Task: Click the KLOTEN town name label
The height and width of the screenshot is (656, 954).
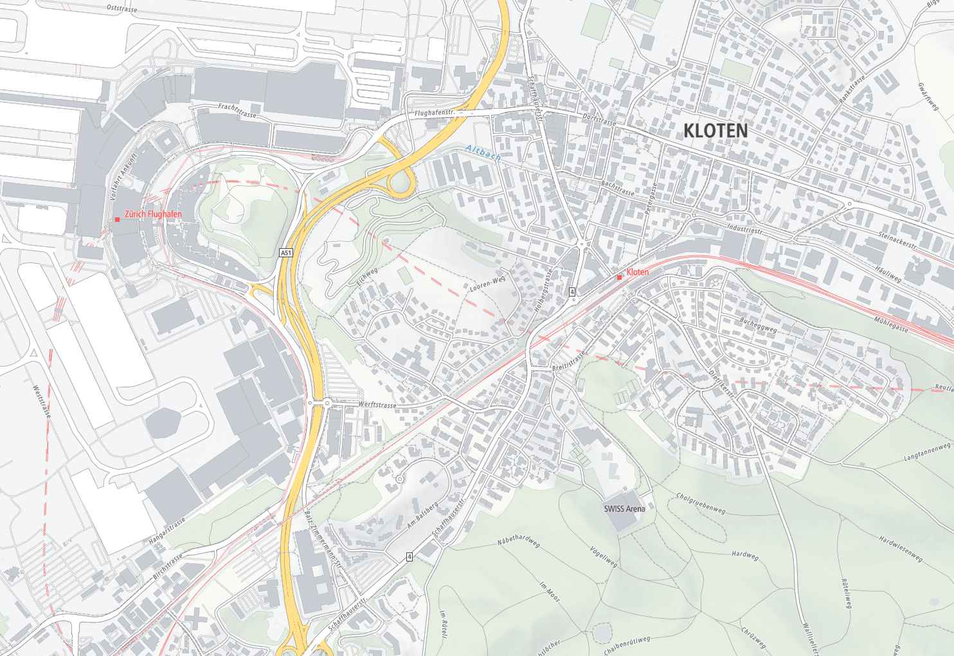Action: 715,131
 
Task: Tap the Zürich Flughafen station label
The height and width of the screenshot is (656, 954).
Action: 153,214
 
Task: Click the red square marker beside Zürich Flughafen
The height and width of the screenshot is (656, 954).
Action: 117,219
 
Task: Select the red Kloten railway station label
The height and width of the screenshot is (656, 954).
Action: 637,272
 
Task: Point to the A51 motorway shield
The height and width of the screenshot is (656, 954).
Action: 286,253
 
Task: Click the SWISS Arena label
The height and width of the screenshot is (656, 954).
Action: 624,509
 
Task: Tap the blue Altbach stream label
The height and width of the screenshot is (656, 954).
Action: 483,153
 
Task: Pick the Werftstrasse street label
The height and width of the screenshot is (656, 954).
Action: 377,405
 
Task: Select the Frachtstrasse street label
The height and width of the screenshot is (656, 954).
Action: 237,111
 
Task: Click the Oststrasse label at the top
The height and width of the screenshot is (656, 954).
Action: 122,8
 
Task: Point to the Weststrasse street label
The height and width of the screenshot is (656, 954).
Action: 42,401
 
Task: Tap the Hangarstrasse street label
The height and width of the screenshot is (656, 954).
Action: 167,531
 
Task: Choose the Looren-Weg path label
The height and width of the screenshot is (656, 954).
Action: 487,284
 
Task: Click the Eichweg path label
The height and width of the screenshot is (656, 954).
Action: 367,277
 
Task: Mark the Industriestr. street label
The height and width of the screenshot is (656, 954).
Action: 745,229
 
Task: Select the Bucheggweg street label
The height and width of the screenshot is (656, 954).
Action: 758,324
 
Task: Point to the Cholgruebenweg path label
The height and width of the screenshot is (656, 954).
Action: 701,503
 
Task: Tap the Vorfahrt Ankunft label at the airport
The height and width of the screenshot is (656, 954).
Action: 123,176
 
